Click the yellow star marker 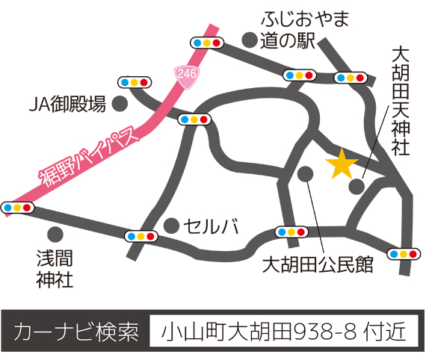pyautogui.click(x=342, y=164)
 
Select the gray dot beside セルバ pyautogui.click(x=173, y=224)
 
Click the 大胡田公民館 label pyautogui.click(x=317, y=266)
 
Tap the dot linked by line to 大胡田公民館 pyautogui.click(x=305, y=173)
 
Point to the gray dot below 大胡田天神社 pyautogui.click(x=359, y=186)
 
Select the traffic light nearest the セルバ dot pyautogui.click(x=141, y=235)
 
